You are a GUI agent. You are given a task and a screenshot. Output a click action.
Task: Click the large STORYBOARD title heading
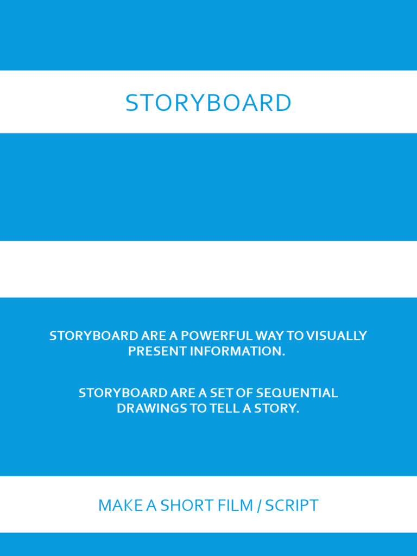click(208, 103)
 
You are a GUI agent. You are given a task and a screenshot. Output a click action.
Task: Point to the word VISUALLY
click(337, 336)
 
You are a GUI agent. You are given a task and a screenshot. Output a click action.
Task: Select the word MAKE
click(113, 506)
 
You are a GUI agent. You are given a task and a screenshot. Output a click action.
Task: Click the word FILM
click(235, 506)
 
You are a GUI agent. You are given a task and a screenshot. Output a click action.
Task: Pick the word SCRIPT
click(292, 506)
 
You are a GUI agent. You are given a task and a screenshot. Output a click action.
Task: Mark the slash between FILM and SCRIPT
click(259, 506)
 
